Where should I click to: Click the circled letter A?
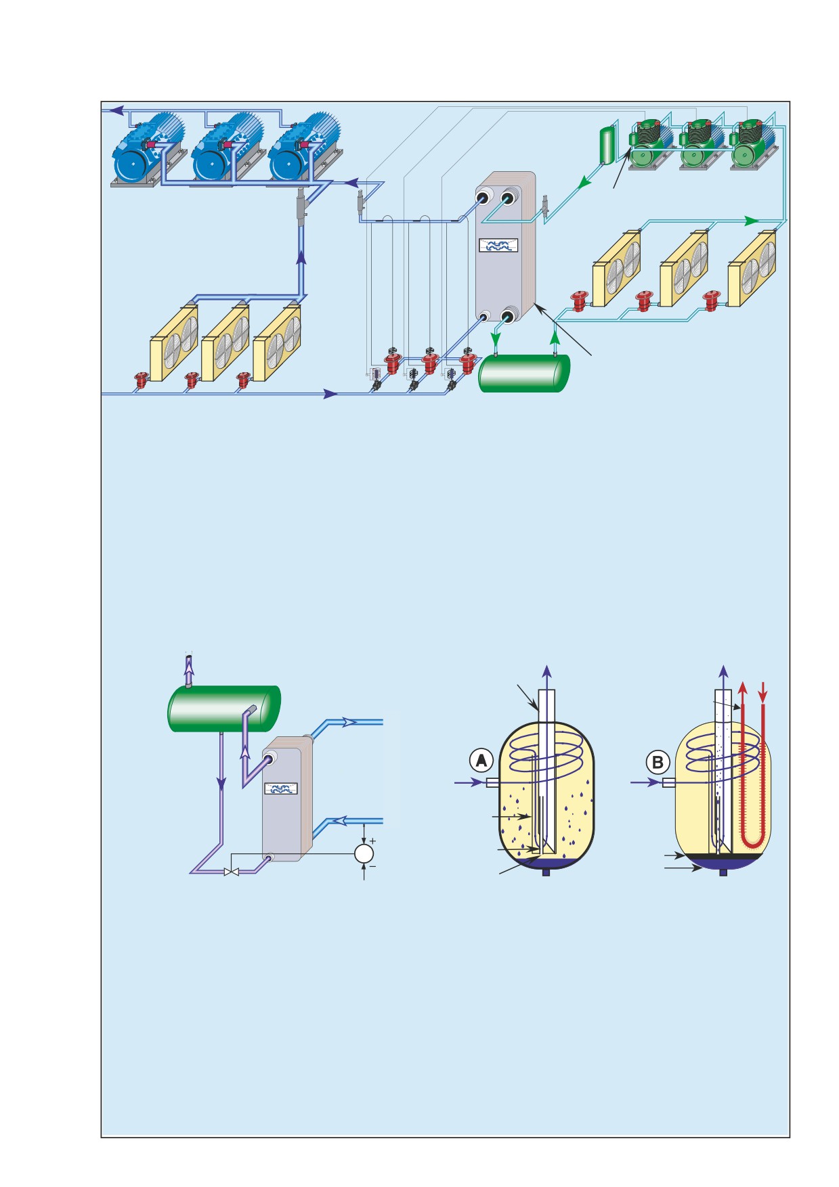coord(481,761)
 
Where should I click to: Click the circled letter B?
coord(658,762)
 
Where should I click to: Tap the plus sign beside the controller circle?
coord(372,841)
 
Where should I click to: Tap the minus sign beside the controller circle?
coord(373,866)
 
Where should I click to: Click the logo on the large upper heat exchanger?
coord(499,246)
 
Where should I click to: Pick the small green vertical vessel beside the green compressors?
coord(607,144)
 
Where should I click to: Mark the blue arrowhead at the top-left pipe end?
coord(116,110)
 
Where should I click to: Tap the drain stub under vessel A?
coord(546,872)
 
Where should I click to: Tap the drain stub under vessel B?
coord(723,872)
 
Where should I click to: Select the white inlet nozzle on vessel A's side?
coord(494,783)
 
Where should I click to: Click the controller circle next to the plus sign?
coord(364,853)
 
